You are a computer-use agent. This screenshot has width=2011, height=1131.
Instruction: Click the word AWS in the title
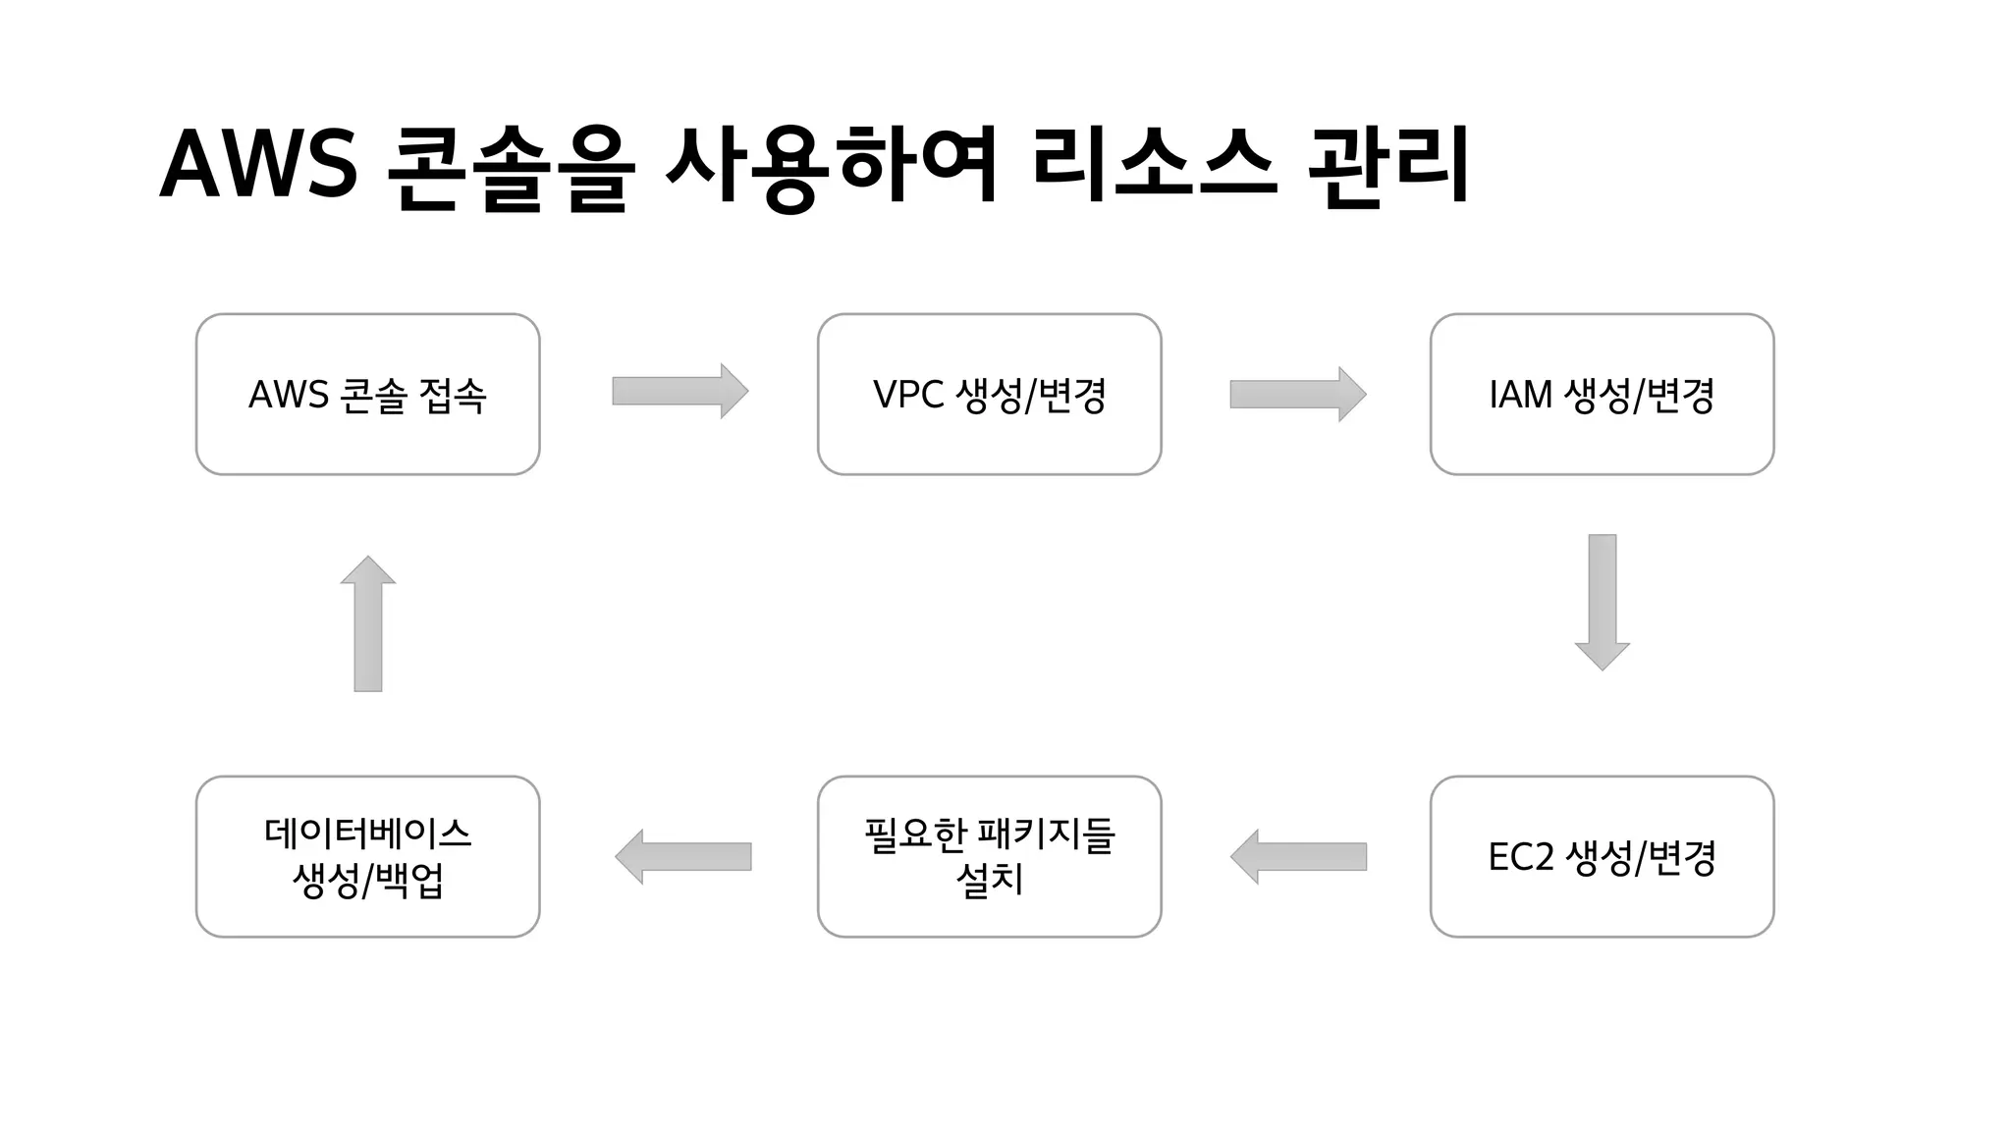pyautogui.click(x=258, y=165)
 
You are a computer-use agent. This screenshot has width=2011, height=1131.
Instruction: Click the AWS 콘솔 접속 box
pyautogui.click(x=367, y=395)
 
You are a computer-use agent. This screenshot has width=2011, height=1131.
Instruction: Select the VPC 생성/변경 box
pyautogui.click(x=989, y=395)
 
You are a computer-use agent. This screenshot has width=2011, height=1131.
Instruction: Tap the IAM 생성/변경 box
pyautogui.click(x=1602, y=395)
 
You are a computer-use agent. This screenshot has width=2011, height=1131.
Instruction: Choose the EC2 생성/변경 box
pyautogui.click(x=1602, y=856)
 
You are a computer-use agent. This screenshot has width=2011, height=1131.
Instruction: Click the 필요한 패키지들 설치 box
pyautogui.click(x=989, y=856)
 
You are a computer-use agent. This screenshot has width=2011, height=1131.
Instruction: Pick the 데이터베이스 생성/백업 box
pyautogui.click(x=367, y=856)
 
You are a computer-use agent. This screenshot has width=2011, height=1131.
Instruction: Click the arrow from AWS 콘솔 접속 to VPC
pyautogui.click(x=679, y=391)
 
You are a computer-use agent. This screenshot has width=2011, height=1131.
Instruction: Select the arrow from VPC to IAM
pyautogui.click(x=1297, y=395)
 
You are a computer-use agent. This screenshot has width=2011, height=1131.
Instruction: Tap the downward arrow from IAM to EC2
pyautogui.click(x=1602, y=602)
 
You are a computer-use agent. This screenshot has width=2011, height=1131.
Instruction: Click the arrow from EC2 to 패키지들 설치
pyautogui.click(x=1297, y=856)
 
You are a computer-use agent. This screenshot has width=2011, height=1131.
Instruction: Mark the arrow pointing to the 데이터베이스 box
pyautogui.click(x=682, y=856)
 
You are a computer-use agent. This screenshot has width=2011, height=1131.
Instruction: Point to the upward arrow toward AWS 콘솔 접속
pyautogui.click(x=367, y=623)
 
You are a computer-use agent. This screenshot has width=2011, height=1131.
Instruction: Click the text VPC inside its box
pyautogui.click(x=907, y=395)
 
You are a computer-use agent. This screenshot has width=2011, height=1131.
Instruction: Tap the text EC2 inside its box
pyautogui.click(x=1521, y=857)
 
